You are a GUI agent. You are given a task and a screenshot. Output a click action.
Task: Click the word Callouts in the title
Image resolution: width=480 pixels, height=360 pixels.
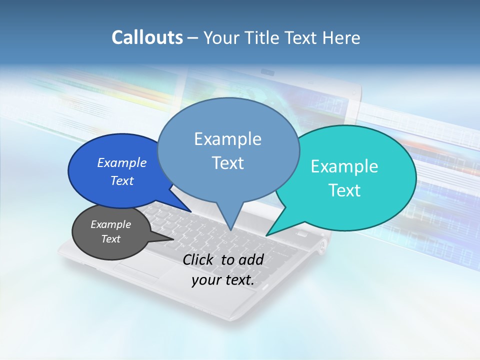(147, 37)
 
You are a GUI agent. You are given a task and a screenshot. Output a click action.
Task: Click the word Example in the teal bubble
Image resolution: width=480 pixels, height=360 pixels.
(344, 166)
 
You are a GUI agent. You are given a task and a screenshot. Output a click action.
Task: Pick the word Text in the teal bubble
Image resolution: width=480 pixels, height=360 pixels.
(344, 190)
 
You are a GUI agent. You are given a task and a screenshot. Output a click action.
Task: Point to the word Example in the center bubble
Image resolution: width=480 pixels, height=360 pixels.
(227, 139)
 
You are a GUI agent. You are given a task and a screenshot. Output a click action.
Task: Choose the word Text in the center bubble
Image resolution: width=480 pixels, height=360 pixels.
(227, 163)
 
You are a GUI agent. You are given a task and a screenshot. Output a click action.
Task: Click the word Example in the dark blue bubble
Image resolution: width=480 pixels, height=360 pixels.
(122, 162)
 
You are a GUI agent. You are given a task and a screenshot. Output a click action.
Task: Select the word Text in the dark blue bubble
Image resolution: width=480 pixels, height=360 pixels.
(122, 180)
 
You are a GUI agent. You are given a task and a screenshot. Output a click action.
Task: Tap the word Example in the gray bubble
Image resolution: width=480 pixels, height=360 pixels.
(111, 224)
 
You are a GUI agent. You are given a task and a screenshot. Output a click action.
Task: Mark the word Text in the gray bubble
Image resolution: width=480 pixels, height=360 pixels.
(111, 239)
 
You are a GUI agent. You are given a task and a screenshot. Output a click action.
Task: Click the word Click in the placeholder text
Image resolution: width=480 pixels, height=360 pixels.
(199, 259)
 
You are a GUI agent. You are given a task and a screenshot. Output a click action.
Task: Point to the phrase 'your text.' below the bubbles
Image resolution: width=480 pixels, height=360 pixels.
(223, 280)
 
